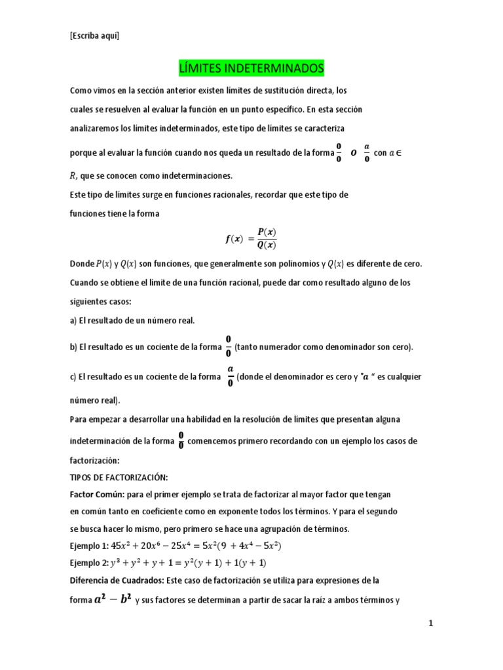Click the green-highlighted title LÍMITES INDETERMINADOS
[x=251, y=68]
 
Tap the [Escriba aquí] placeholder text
[x=94, y=36]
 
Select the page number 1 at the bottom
[x=431, y=624]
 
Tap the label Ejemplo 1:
[x=90, y=546]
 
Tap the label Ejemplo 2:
[x=90, y=563]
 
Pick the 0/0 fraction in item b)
[x=229, y=347]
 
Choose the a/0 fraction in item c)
[x=231, y=376]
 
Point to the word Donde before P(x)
[x=82, y=264]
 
